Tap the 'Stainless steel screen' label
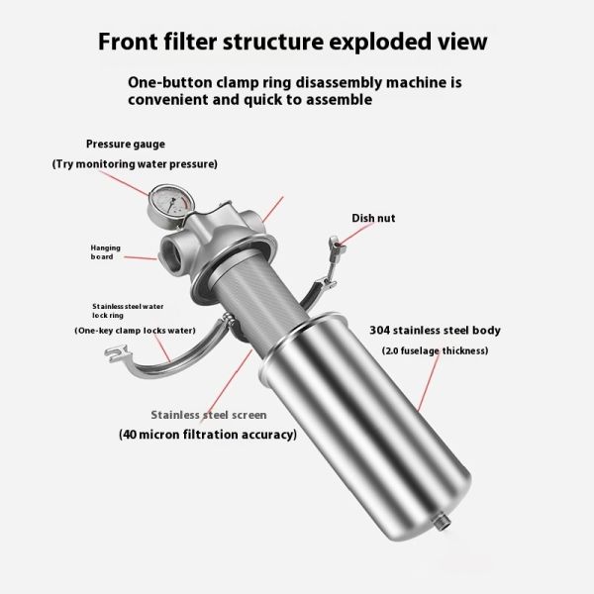(210, 415)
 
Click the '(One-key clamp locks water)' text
(135, 330)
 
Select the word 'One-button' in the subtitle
(174, 83)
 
